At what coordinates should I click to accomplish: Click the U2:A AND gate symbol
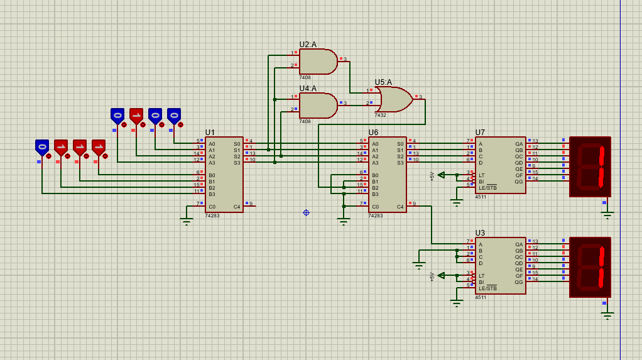[317, 62]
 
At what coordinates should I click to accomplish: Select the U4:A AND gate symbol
[317, 106]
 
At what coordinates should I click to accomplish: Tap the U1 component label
[210, 133]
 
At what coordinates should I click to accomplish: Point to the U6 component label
[373, 133]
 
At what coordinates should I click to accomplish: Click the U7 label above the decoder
[480, 133]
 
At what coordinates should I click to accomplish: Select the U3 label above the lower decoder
[480, 233]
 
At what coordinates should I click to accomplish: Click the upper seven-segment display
[590, 166]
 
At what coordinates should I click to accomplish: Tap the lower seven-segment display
[590, 267]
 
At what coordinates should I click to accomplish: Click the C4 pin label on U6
[400, 207]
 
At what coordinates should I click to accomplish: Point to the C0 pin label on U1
[212, 207]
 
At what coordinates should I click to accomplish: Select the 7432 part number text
[380, 116]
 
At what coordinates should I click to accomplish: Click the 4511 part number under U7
[481, 197]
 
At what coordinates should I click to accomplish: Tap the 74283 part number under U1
[212, 215]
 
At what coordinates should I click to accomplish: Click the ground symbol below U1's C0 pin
[186, 221]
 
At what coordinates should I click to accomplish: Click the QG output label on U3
[519, 282]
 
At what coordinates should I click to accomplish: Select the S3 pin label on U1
[237, 163]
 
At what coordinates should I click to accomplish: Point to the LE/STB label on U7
[487, 188]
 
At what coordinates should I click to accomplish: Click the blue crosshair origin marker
[306, 212]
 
